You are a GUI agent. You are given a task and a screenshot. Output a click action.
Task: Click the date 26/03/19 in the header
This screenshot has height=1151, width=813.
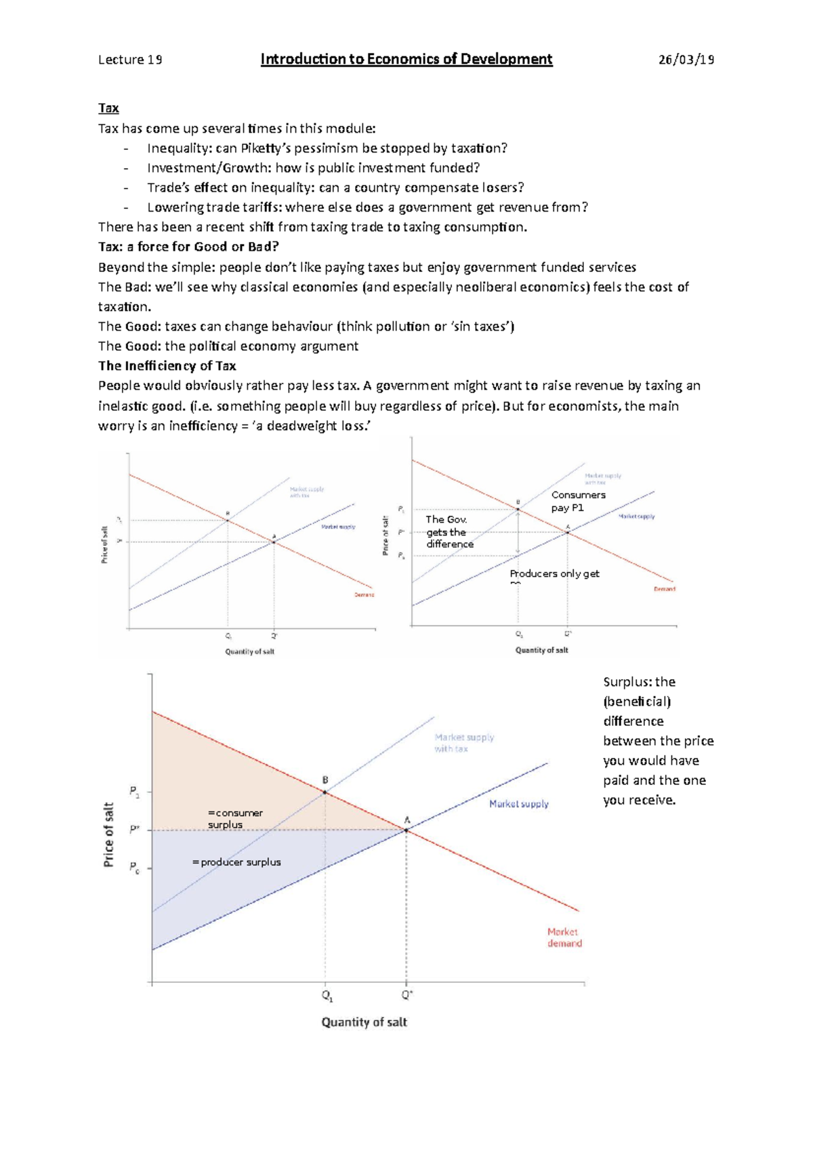pos(686,60)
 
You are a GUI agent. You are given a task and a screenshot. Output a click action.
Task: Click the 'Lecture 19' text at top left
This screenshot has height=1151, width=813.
pos(130,60)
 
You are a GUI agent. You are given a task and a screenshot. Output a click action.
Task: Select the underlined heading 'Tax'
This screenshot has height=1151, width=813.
pos(108,108)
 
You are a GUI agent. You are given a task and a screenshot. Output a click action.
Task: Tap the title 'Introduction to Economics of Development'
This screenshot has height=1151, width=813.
pos(406,60)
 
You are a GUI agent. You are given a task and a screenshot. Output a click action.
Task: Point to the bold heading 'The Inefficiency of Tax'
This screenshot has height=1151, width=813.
pos(167,366)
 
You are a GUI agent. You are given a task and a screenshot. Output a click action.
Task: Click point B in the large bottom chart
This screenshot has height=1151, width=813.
pos(325,792)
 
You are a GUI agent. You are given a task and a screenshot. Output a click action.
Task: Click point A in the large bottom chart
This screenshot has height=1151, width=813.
pos(406,830)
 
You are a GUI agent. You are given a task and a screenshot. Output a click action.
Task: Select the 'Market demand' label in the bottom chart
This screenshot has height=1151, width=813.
pos(564,937)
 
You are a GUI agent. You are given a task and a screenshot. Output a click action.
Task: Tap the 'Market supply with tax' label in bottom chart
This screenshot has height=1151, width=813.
pos(464,743)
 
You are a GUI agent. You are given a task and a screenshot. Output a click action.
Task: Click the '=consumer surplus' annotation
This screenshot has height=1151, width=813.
pos(234,819)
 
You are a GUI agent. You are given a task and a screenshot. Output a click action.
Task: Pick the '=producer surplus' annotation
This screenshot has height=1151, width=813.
pos(236,862)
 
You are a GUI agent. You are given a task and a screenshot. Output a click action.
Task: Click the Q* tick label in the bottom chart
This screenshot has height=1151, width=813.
pos(407,995)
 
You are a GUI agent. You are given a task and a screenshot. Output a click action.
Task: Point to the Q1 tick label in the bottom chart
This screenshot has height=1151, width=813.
pos(327,996)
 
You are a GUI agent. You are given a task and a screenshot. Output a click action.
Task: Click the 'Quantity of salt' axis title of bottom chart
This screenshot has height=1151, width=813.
pos(364,1022)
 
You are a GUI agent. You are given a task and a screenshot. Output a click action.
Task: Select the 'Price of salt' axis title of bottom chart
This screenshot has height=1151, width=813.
pos(108,834)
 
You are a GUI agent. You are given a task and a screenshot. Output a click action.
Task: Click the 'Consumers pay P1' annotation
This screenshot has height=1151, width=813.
pos(578,502)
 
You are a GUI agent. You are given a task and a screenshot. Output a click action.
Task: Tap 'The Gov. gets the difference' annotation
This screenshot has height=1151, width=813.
pos(449,531)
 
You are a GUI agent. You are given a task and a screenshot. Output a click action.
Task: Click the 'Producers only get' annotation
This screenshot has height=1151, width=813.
pos(554,574)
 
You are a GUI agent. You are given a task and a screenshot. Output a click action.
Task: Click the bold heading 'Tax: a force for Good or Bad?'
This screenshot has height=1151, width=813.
pos(188,247)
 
